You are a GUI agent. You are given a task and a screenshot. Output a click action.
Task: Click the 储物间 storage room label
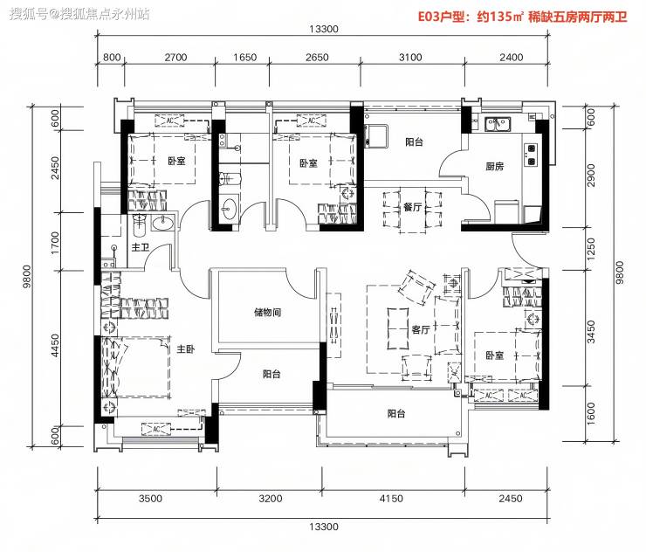pyautogui.click(x=268, y=312)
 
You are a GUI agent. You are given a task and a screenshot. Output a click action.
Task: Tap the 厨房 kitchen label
pyautogui.click(x=495, y=166)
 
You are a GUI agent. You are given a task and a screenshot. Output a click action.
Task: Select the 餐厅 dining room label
pyautogui.click(x=412, y=206)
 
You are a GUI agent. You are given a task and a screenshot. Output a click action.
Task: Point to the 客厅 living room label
pyautogui.click(x=421, y=329)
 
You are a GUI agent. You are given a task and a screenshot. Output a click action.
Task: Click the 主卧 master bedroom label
pyautogui.click(x=186, y=349)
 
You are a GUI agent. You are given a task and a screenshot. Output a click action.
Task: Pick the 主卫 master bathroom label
pyautogui.click(x=141, y=247)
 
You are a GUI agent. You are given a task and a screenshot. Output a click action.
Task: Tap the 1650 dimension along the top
pyautogui.click(x=244, y=58)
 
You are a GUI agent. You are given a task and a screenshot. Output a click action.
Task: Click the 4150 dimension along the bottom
pyautogui.click(x=391, y=499)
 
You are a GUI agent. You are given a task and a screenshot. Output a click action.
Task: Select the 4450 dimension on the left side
pyautogui.click(x=55, y=345)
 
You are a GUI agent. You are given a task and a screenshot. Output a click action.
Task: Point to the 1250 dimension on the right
pyautogui.click(x=591, y=249)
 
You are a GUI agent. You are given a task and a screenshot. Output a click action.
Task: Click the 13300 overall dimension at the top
pyautogui.click(x=324, y=29)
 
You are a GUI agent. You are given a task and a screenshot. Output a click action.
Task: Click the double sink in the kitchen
pyautogui.click(x=498, y=124)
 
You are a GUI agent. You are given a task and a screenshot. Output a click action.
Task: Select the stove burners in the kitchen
pyautogui.click(x=531, y=155)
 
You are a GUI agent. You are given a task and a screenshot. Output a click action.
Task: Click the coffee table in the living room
pyautogui.click(x=398, y=328)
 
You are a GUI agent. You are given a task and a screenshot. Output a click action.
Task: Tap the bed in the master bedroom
pyautogui.click(x=135, y=368)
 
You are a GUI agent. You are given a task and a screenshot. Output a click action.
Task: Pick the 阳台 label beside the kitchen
pyautogui.click(x=414, y=142)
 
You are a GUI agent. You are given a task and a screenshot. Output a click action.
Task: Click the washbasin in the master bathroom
pyautogui.click(x=162, y=224)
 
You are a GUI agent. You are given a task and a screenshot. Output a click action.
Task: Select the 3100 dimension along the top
pyautogui.click(x=410, y=58)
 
